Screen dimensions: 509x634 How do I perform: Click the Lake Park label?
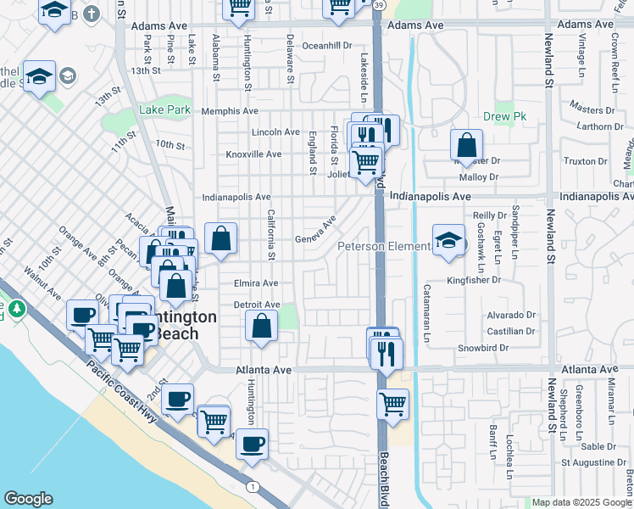point(164,110)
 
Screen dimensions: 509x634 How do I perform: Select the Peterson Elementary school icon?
point(448,240)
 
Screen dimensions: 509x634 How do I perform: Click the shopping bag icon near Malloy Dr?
point(466,145)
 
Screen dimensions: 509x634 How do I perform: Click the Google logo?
point(27,499)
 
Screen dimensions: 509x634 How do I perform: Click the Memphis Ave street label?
point(230,111)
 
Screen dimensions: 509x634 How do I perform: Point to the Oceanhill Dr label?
point(326,46)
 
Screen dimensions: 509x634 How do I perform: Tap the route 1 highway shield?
point(252,486)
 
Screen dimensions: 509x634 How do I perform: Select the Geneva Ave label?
point(315,229)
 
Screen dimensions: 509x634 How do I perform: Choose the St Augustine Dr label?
point(598,463)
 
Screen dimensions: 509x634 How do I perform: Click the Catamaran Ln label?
point(426,314)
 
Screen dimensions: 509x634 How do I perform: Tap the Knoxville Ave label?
point(253,154)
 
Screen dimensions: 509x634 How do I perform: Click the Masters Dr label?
point(592,109)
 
